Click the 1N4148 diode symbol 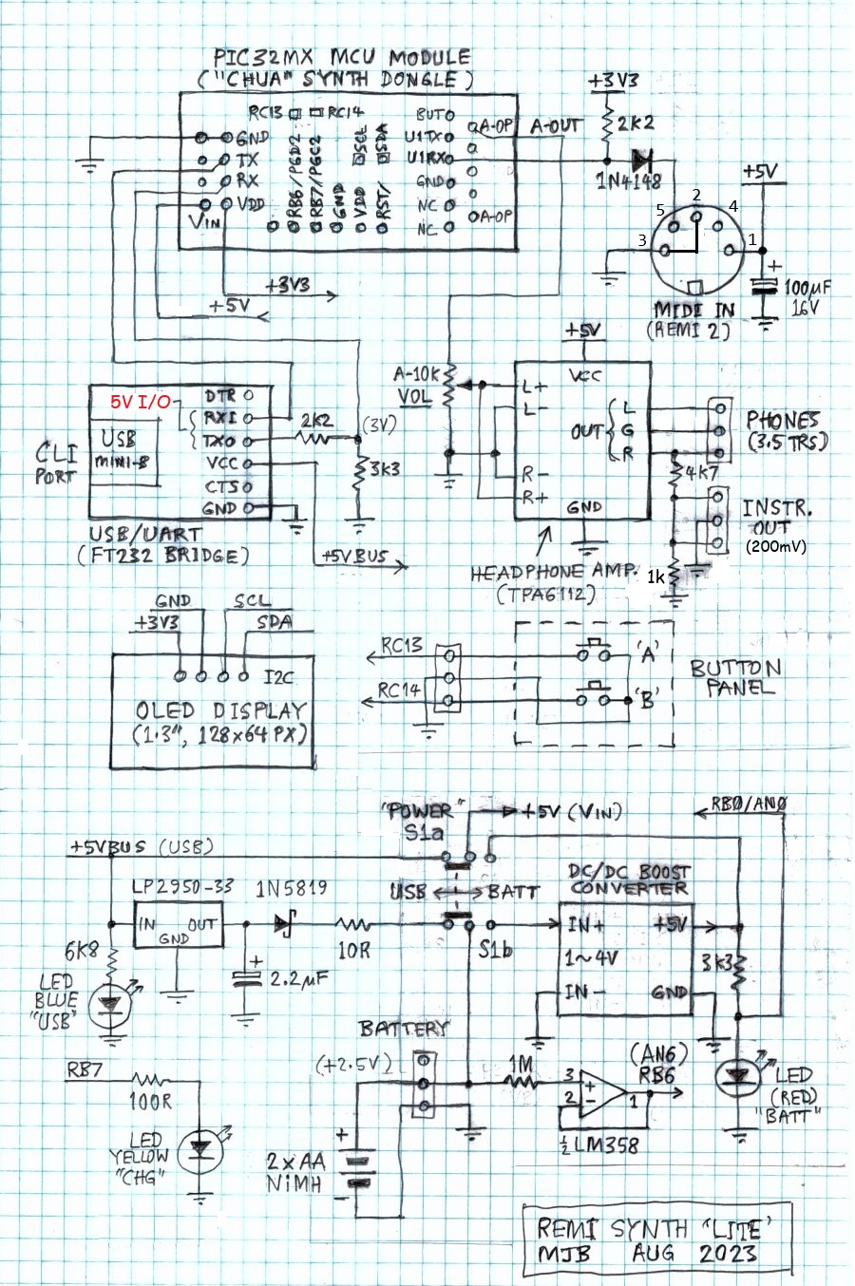(648, 158)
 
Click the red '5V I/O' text (140, 402)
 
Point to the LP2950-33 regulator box (177, 924)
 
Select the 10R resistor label (353, 950)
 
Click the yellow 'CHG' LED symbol (199, 1146)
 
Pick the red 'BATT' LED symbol (736, 1075)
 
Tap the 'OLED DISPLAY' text (220, 710)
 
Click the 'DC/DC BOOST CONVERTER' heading (628, 879)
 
